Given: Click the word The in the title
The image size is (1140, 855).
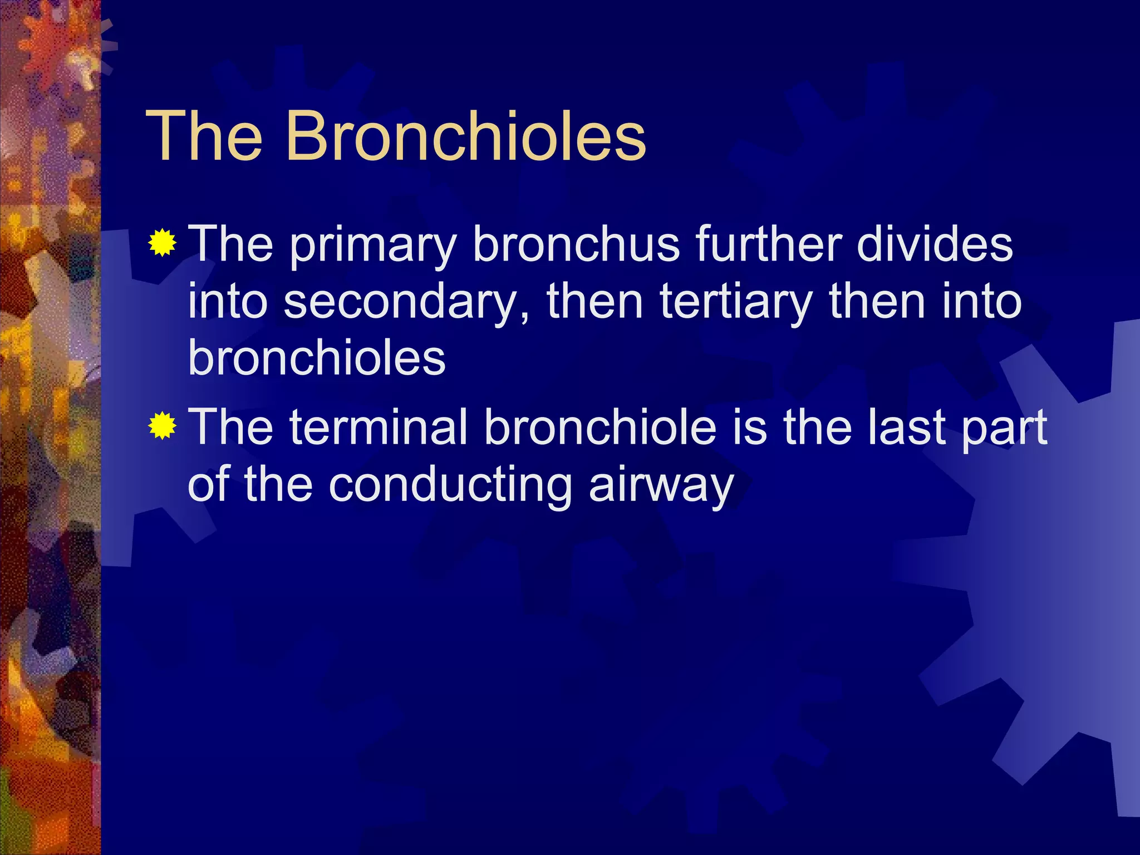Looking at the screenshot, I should [204, 136].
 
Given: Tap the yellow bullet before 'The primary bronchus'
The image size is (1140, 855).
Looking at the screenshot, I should [162, 243].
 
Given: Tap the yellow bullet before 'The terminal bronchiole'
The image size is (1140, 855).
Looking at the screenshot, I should [162, 426].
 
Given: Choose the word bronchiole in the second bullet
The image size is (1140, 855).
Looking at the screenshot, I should [600, 427].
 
